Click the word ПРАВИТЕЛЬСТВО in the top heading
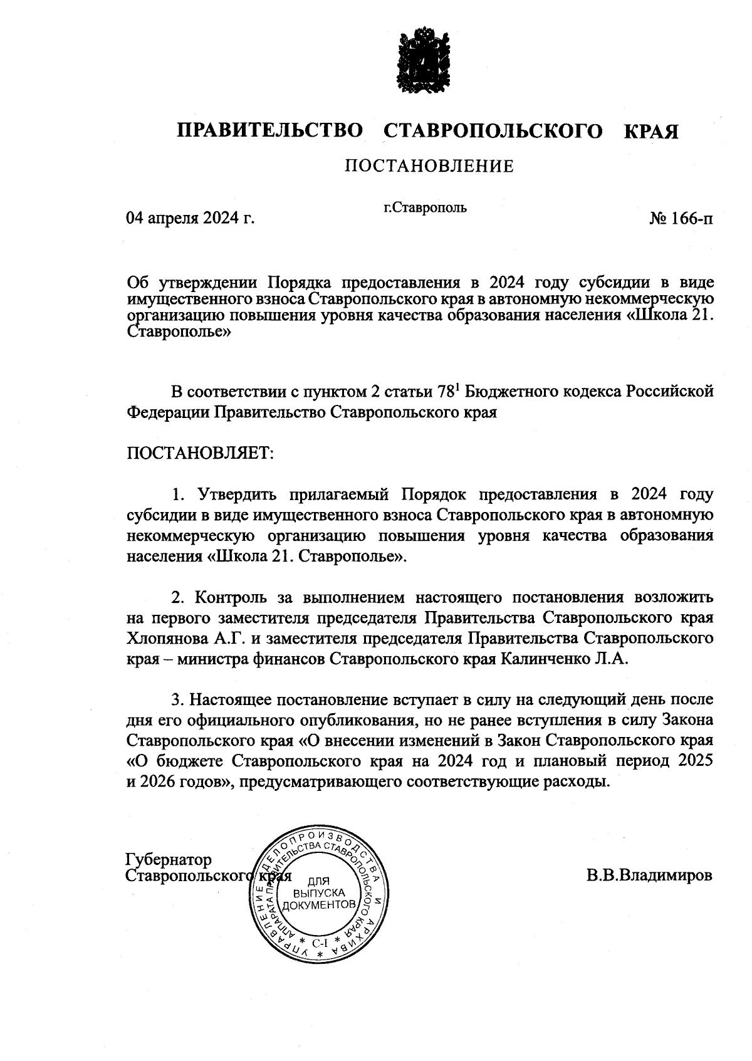pyautogui.click(x=270, y=131)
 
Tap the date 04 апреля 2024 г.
pyautogui.click(x=191, y=219)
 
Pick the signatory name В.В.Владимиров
pyautogui.click(x=650, y=875)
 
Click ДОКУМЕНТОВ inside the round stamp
pyautogui.click(x=320, y=906)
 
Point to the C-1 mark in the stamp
pyautogui.click(x=319, y=943)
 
